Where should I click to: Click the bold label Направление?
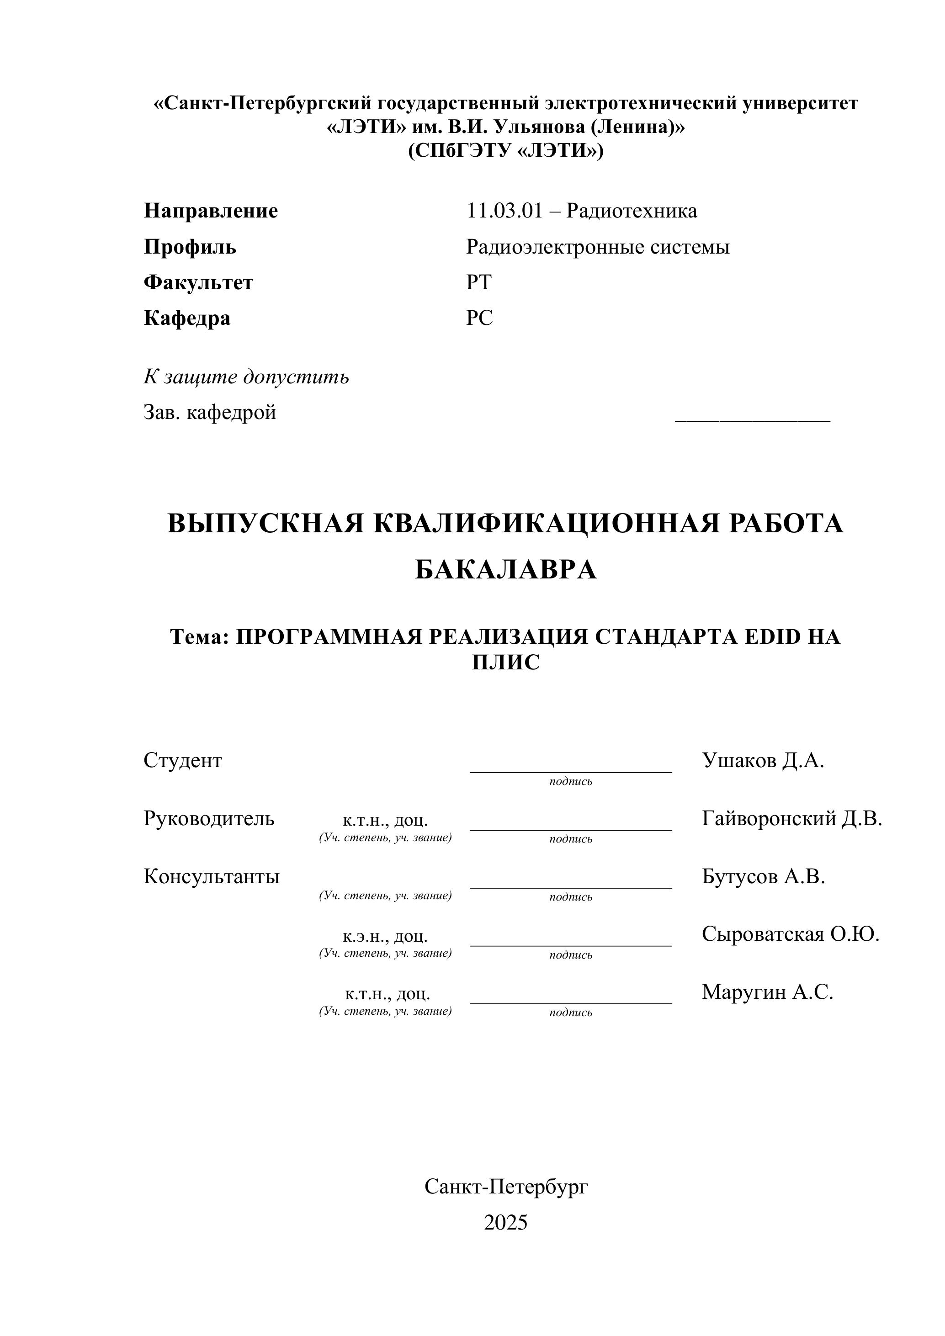click(211, 211)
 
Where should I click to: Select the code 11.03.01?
click(504, 211)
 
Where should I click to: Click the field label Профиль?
click(190, 247)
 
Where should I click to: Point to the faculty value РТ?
click(478, 282)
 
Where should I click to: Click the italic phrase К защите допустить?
click(246, 377)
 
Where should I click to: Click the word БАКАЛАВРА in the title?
click(506, 570)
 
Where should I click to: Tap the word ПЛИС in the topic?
click(506, 662)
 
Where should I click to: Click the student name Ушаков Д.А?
click(763, 760)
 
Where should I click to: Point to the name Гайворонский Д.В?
click(792, 819)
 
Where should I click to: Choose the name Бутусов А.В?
click(764, 876)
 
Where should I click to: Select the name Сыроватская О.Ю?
click(790, 934)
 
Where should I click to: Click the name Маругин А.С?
click(768, 991)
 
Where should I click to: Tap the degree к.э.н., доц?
click(385, 936)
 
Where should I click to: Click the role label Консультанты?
click(211, 876)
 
